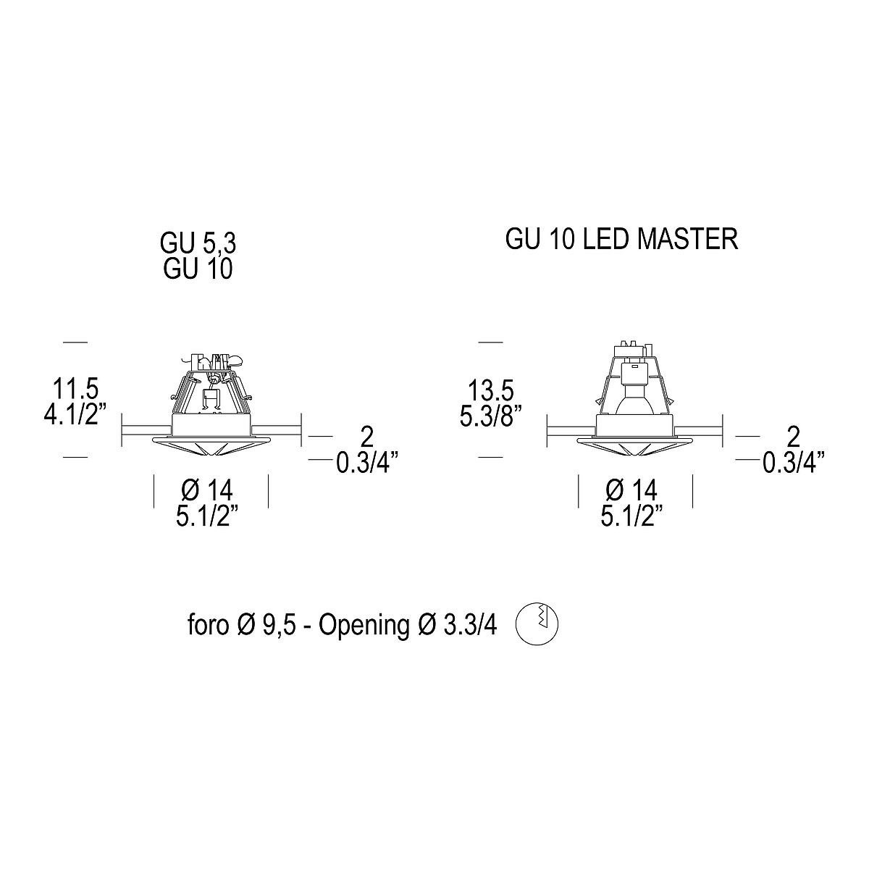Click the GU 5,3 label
[198, 243]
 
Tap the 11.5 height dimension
[75, 389]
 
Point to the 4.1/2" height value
[75, 414]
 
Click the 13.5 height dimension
[491, 390]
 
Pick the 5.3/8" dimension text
[491, 416]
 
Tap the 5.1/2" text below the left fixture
[207, 516]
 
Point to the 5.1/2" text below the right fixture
[631, 516]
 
